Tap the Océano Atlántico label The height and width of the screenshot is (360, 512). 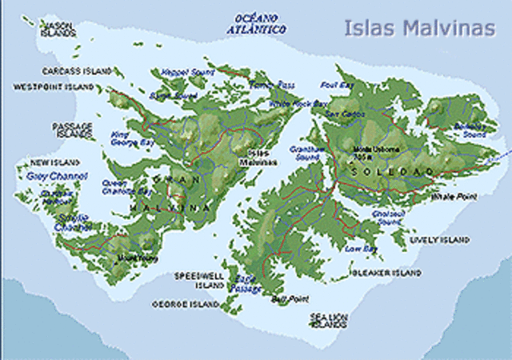point(261,23)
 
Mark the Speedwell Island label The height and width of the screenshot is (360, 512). point(199,279)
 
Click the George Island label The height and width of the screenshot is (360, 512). point(186,305)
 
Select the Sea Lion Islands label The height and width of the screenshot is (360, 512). point(329,320)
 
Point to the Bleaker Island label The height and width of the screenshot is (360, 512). point(386,273)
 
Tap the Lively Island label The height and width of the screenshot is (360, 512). point(439,239)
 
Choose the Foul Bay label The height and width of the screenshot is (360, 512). point(335,84)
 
